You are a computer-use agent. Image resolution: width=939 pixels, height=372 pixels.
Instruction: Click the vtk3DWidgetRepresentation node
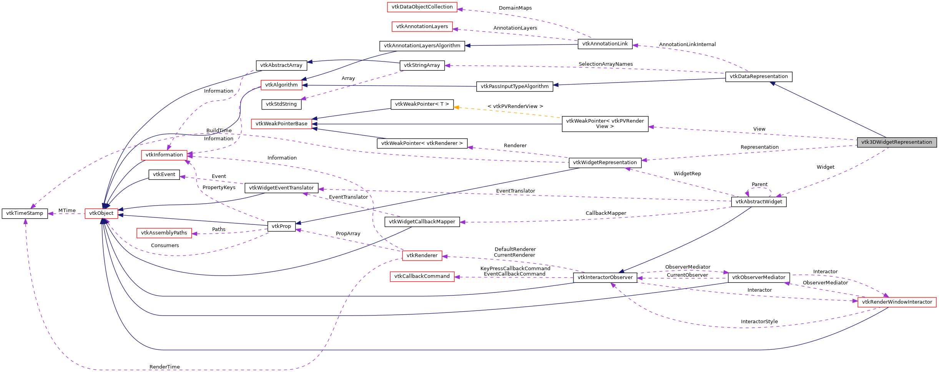pos(896,142)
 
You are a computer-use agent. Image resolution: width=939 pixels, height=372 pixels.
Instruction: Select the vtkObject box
pos(101,213)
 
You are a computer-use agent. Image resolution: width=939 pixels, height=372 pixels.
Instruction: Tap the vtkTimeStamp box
pos(25,213)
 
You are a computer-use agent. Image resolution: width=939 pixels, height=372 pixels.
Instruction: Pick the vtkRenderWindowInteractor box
pos(897,302)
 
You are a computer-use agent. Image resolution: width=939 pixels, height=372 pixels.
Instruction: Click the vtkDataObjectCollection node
pos(422,7)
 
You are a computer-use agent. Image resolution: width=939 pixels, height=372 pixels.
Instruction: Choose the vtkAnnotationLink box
pos(605,44)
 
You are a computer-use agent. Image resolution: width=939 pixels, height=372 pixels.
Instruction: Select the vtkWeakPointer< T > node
pos(422,104)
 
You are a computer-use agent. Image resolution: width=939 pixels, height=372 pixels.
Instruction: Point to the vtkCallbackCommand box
pos(422,276)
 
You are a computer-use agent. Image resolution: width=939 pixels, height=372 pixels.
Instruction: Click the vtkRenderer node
pos(422,256)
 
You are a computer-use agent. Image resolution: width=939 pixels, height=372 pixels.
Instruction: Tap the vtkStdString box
pos(281,104)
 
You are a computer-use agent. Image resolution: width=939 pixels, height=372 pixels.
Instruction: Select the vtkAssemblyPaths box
pos(164,233)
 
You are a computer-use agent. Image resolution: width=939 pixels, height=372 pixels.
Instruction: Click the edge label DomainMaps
pos(515,8)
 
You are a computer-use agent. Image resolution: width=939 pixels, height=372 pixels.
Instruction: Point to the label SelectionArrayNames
pos(605,64)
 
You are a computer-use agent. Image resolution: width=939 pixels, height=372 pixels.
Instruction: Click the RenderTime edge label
pos(165,367)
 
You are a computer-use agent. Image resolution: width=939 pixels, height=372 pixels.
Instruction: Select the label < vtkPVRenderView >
pos(515,106)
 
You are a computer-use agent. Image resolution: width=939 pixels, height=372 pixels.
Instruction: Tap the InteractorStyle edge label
pos(759,322)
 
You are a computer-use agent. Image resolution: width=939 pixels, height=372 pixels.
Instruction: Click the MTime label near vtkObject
pos(67,211)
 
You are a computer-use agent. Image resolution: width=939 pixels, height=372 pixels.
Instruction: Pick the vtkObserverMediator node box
pos(758,277)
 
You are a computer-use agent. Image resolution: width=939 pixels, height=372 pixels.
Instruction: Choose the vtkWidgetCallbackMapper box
pos(422,222)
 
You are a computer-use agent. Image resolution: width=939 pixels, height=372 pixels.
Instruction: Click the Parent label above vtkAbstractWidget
pos(760,184)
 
